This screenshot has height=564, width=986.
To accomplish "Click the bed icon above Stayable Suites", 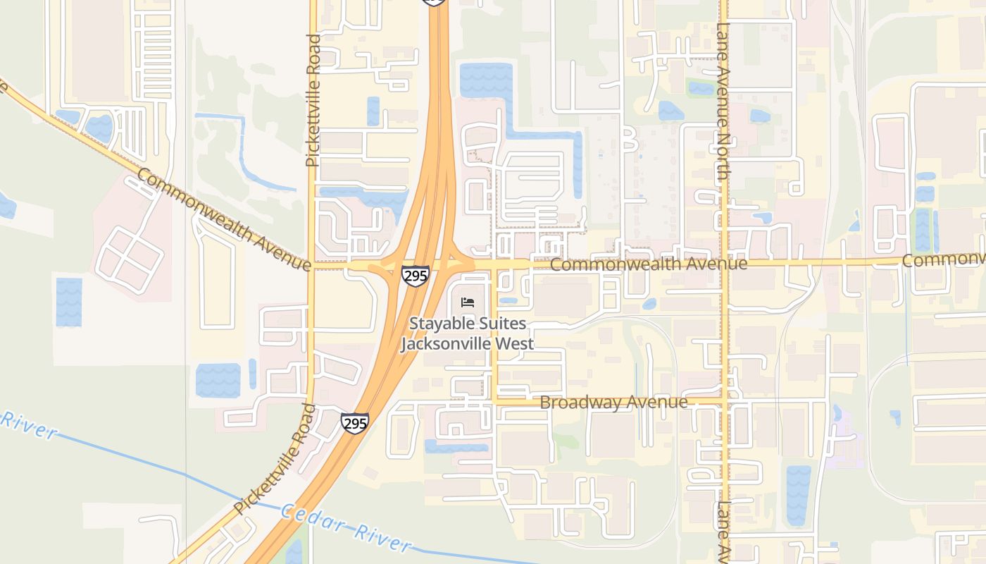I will coord(468,302).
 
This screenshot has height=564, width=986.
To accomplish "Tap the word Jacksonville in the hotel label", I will coord(467,344).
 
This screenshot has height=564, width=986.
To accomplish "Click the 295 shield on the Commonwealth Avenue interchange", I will coord(416,275).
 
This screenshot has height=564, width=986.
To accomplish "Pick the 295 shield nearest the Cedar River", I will coord(354,422).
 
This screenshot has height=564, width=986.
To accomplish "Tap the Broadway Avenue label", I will coord(613,403).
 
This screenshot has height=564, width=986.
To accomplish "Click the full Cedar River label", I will coord(346,527).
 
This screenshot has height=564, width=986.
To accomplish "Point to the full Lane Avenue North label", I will coord(723,102).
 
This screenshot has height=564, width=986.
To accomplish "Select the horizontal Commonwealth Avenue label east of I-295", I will coord(648,264).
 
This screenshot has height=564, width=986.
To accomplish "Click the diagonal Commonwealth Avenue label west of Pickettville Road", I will coord(223,219).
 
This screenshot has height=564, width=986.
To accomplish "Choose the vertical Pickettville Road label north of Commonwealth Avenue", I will coord(313,101).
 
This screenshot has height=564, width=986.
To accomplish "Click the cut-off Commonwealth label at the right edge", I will coord(944,259).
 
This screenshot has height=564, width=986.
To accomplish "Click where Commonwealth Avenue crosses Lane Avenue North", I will coord(724,263).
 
